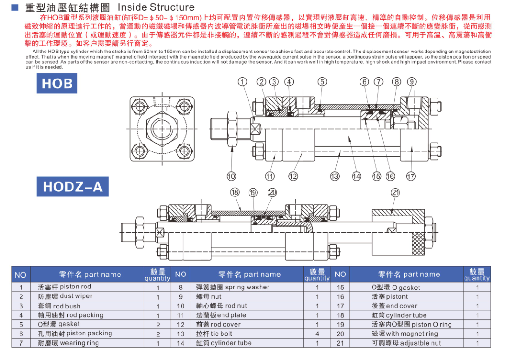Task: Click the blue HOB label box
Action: tap(57, 84)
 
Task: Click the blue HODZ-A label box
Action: tap(72, 186)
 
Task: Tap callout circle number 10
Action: tap(231, 176)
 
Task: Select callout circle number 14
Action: tap(356, 176)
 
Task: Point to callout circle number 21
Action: tap(395, 192)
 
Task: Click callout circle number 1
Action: tap(242, 82)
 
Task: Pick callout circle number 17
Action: tap(411, 176)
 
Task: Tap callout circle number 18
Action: tap(235, 192)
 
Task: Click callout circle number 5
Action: tap(322, 82)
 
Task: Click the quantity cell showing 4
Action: tap(317, 334)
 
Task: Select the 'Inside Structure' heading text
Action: tap(156, 7)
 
